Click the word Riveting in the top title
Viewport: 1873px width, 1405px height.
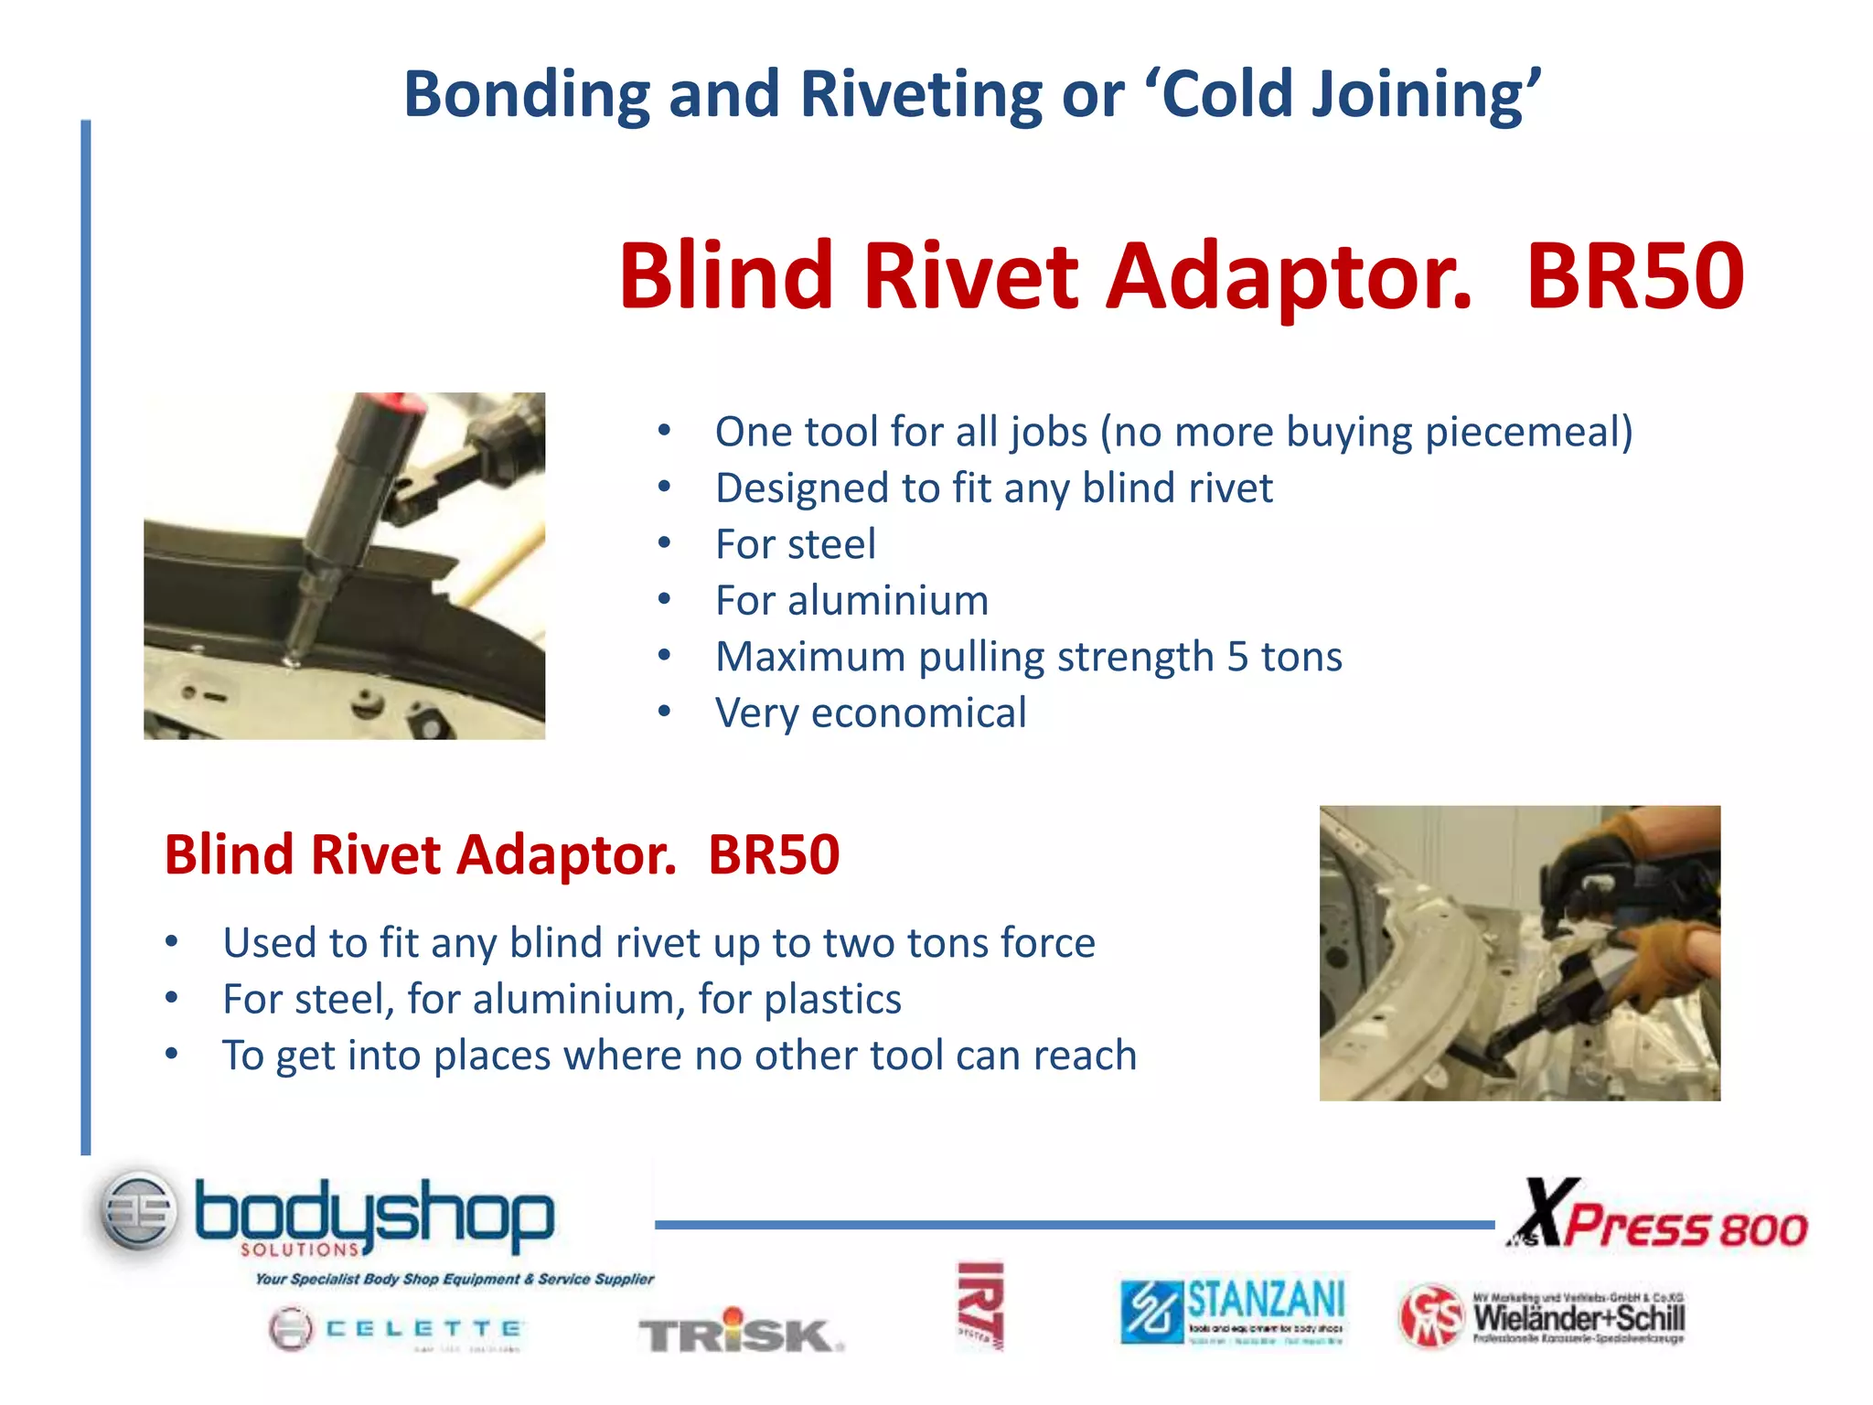[920, 94]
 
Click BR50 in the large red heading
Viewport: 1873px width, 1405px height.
[1634, 275]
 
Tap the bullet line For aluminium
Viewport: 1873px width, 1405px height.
[851, 601]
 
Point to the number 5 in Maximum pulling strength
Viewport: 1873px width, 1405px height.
[1236, 657]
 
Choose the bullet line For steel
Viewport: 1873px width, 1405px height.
[795, 544]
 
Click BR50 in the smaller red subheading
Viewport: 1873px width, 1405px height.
[774, 855]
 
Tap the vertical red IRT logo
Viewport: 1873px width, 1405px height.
[980, 1306]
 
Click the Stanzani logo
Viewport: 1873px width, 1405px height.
[1233, 1312]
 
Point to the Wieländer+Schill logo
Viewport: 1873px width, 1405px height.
[1542, 1317]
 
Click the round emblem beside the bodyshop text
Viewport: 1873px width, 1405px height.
[138, 1212]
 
